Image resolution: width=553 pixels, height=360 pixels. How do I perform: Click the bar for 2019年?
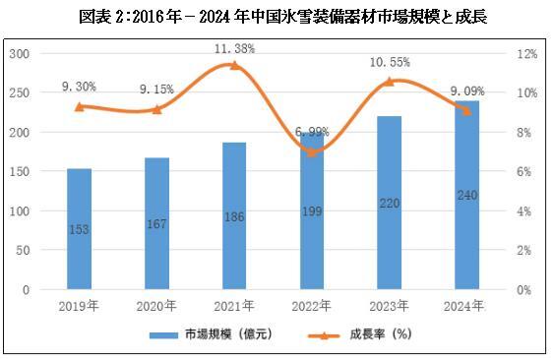pos(80,228)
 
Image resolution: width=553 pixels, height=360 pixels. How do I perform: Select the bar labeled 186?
pos(234,216)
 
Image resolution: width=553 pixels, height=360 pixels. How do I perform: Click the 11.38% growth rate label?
pos(233,47)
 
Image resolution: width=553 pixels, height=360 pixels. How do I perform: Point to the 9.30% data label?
pos(79,87)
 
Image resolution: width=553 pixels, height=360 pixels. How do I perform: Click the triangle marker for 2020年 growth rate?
pos(156,109)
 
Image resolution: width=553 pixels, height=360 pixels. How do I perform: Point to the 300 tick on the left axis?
pos(19,53)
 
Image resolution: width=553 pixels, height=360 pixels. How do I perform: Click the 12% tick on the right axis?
pos(527,53)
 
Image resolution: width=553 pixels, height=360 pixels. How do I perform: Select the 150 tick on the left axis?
pos(19,172)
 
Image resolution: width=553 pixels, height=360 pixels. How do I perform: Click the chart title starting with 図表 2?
pos(276,17)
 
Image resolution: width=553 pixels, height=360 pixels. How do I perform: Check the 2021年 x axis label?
pos(234,306)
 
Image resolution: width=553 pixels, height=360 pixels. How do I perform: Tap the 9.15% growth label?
pos(156,90)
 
